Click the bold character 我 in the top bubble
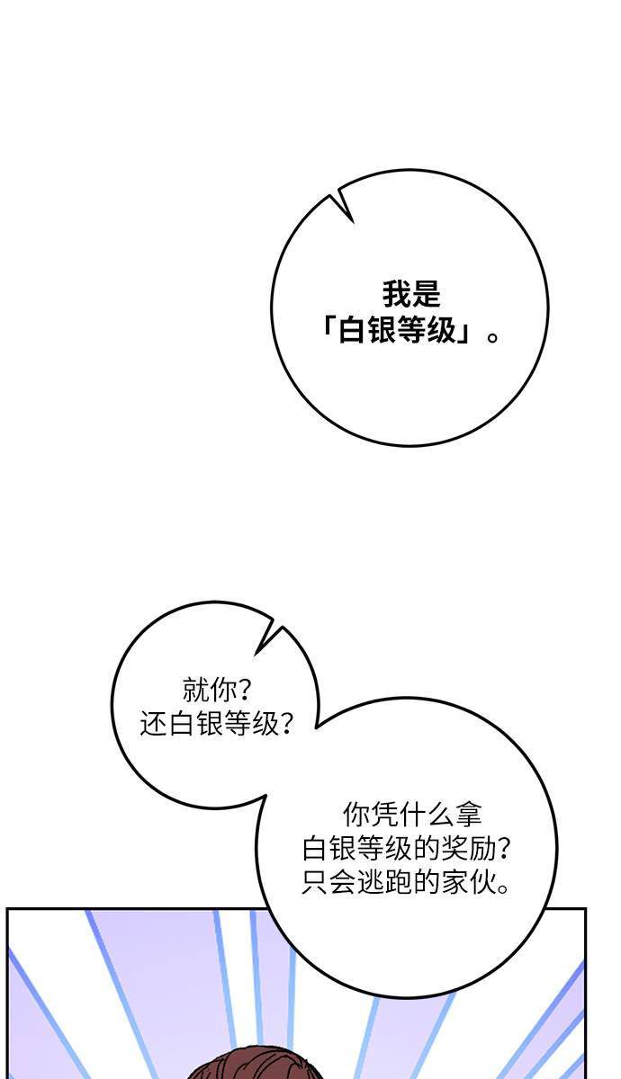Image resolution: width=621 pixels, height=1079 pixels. [x=396, y=294]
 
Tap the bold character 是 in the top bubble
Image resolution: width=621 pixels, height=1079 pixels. [x=426, y=294]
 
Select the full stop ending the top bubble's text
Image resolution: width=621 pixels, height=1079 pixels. [x=492, y=336]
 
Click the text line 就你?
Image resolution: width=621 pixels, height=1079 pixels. [x=217, y=690]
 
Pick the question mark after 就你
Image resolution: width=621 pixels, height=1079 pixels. [x=245, y=690]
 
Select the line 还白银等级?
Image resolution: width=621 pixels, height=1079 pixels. [x=217, y=724]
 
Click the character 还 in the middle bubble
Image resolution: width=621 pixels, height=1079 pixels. [x=153, y=724]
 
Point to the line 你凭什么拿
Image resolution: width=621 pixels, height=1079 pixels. [x=412, y=814]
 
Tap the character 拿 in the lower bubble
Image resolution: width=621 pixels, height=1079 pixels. [x=468, y=814]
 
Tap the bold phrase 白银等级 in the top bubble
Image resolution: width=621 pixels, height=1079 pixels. [x=397, y=331]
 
